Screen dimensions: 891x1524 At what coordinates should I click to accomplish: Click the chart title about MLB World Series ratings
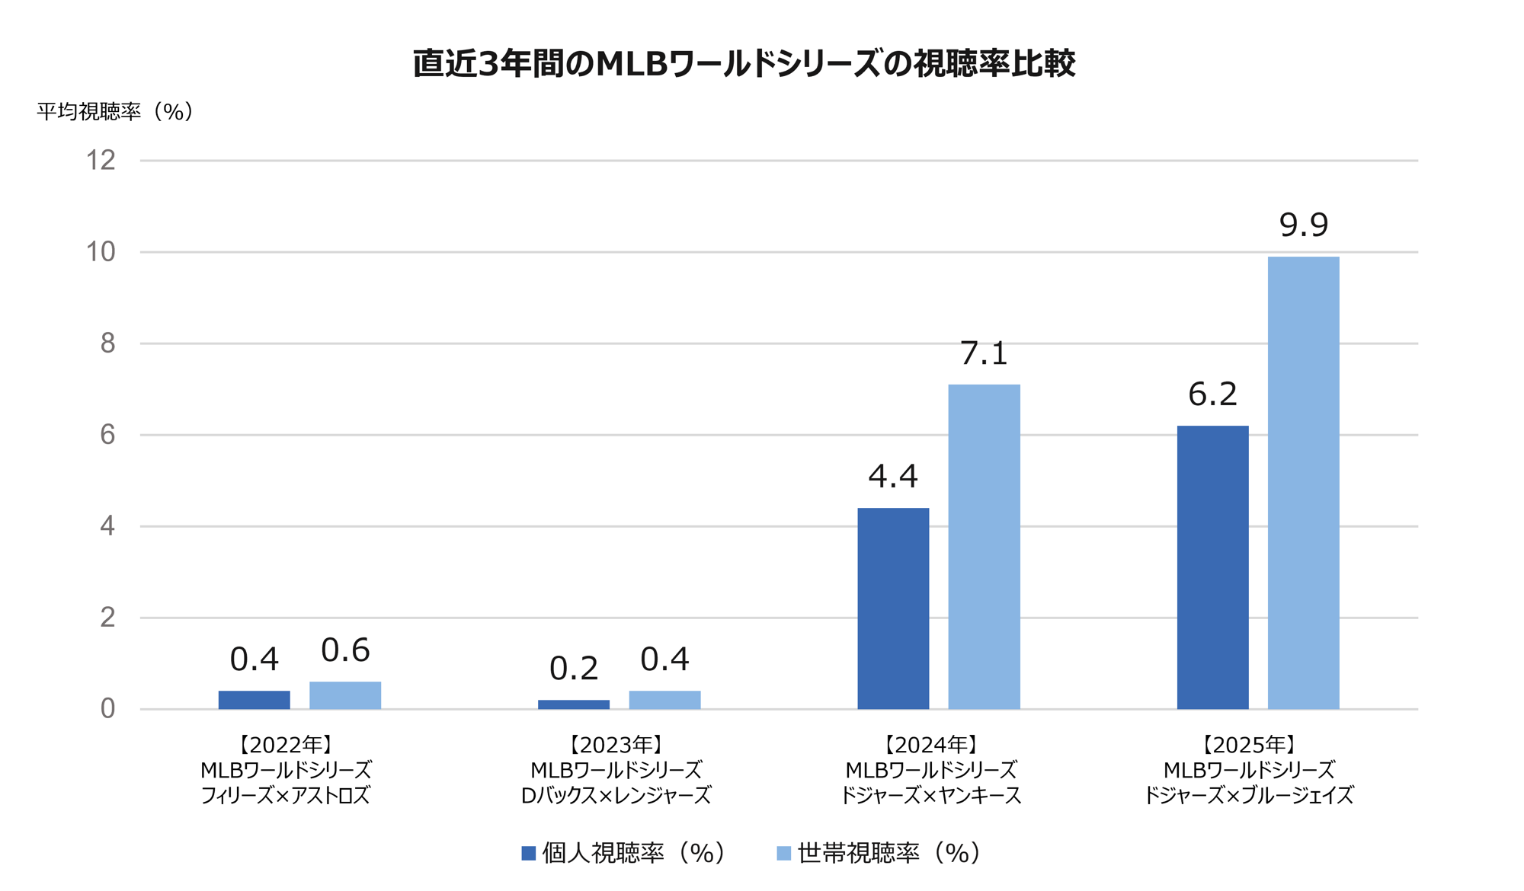point(744,63)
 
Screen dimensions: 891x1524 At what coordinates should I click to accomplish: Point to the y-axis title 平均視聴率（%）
point(115,112)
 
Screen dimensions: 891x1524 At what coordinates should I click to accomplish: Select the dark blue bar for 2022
point(254,700)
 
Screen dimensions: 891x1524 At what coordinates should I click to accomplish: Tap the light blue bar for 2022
point(345,695)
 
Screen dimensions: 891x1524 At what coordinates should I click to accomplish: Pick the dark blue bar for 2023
point(574,704)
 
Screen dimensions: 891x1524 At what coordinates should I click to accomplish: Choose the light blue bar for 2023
point(664,700)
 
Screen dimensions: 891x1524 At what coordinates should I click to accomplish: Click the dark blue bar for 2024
point(893,608)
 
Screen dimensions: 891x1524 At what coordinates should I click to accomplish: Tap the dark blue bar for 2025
point(1212,567)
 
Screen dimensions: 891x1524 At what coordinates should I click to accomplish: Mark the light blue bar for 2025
point(1303,483)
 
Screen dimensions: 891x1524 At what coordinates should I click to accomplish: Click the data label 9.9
point(1303,225)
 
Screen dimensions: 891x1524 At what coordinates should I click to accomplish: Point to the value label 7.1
point(984,353)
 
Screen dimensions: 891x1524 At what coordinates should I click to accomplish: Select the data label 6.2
point(1212,394)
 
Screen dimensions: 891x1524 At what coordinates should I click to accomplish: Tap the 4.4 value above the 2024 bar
point(893,477)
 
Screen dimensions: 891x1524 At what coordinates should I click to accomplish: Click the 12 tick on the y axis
point(101,161)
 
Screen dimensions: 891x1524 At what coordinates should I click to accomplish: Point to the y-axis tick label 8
point(107,343)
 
